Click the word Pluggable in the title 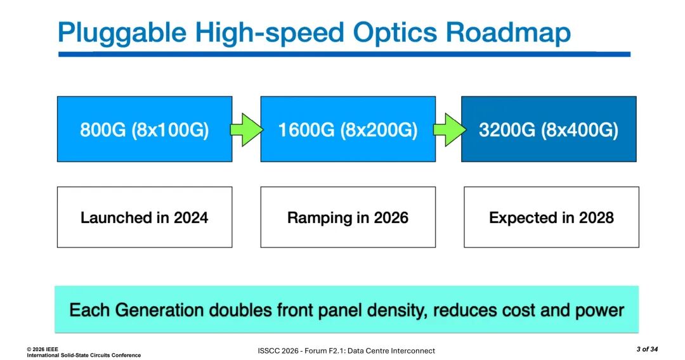122,33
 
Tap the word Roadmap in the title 509,32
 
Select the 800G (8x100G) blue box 145,129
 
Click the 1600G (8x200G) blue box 348,129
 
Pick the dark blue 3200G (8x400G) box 549,129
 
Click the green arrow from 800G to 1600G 246,129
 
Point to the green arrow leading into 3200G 450,129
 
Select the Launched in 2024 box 145,217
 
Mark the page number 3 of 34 647,349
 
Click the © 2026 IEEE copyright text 42,349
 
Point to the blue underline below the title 344,54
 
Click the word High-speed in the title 270,33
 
